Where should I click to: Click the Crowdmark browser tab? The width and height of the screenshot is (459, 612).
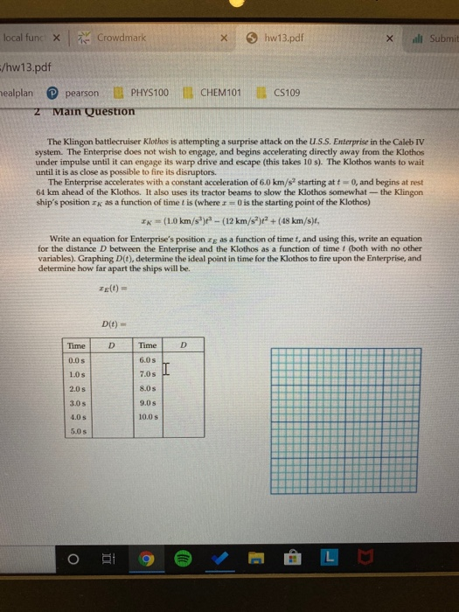pos(122,39)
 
